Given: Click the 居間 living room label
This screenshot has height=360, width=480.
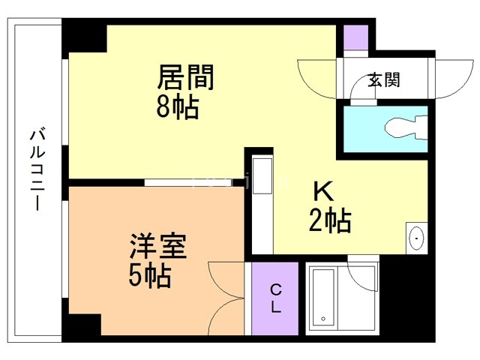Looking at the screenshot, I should pyautogui.click(x=185, y=77).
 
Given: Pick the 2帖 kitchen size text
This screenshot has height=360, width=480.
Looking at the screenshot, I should pyautogui.click(x=330, y=220).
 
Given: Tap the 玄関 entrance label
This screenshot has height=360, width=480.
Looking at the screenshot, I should pyautogui.click(x=383, y=80).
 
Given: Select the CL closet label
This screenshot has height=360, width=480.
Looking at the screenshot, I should pyautogui.click(x=275, y=298).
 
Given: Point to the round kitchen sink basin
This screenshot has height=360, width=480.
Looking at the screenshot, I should pyautogui.click(x=415, y=238).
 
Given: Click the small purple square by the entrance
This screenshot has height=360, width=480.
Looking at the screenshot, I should pyautogui.click(x=355, y=37).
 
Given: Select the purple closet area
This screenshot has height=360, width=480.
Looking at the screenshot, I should pyautogui.click(x=275, y=298).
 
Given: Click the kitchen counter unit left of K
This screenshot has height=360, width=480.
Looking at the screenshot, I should pyautogui.click(x=262, y=202).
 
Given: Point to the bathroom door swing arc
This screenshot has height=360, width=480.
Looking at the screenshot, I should pyautogui.click(x=364, y=266).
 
